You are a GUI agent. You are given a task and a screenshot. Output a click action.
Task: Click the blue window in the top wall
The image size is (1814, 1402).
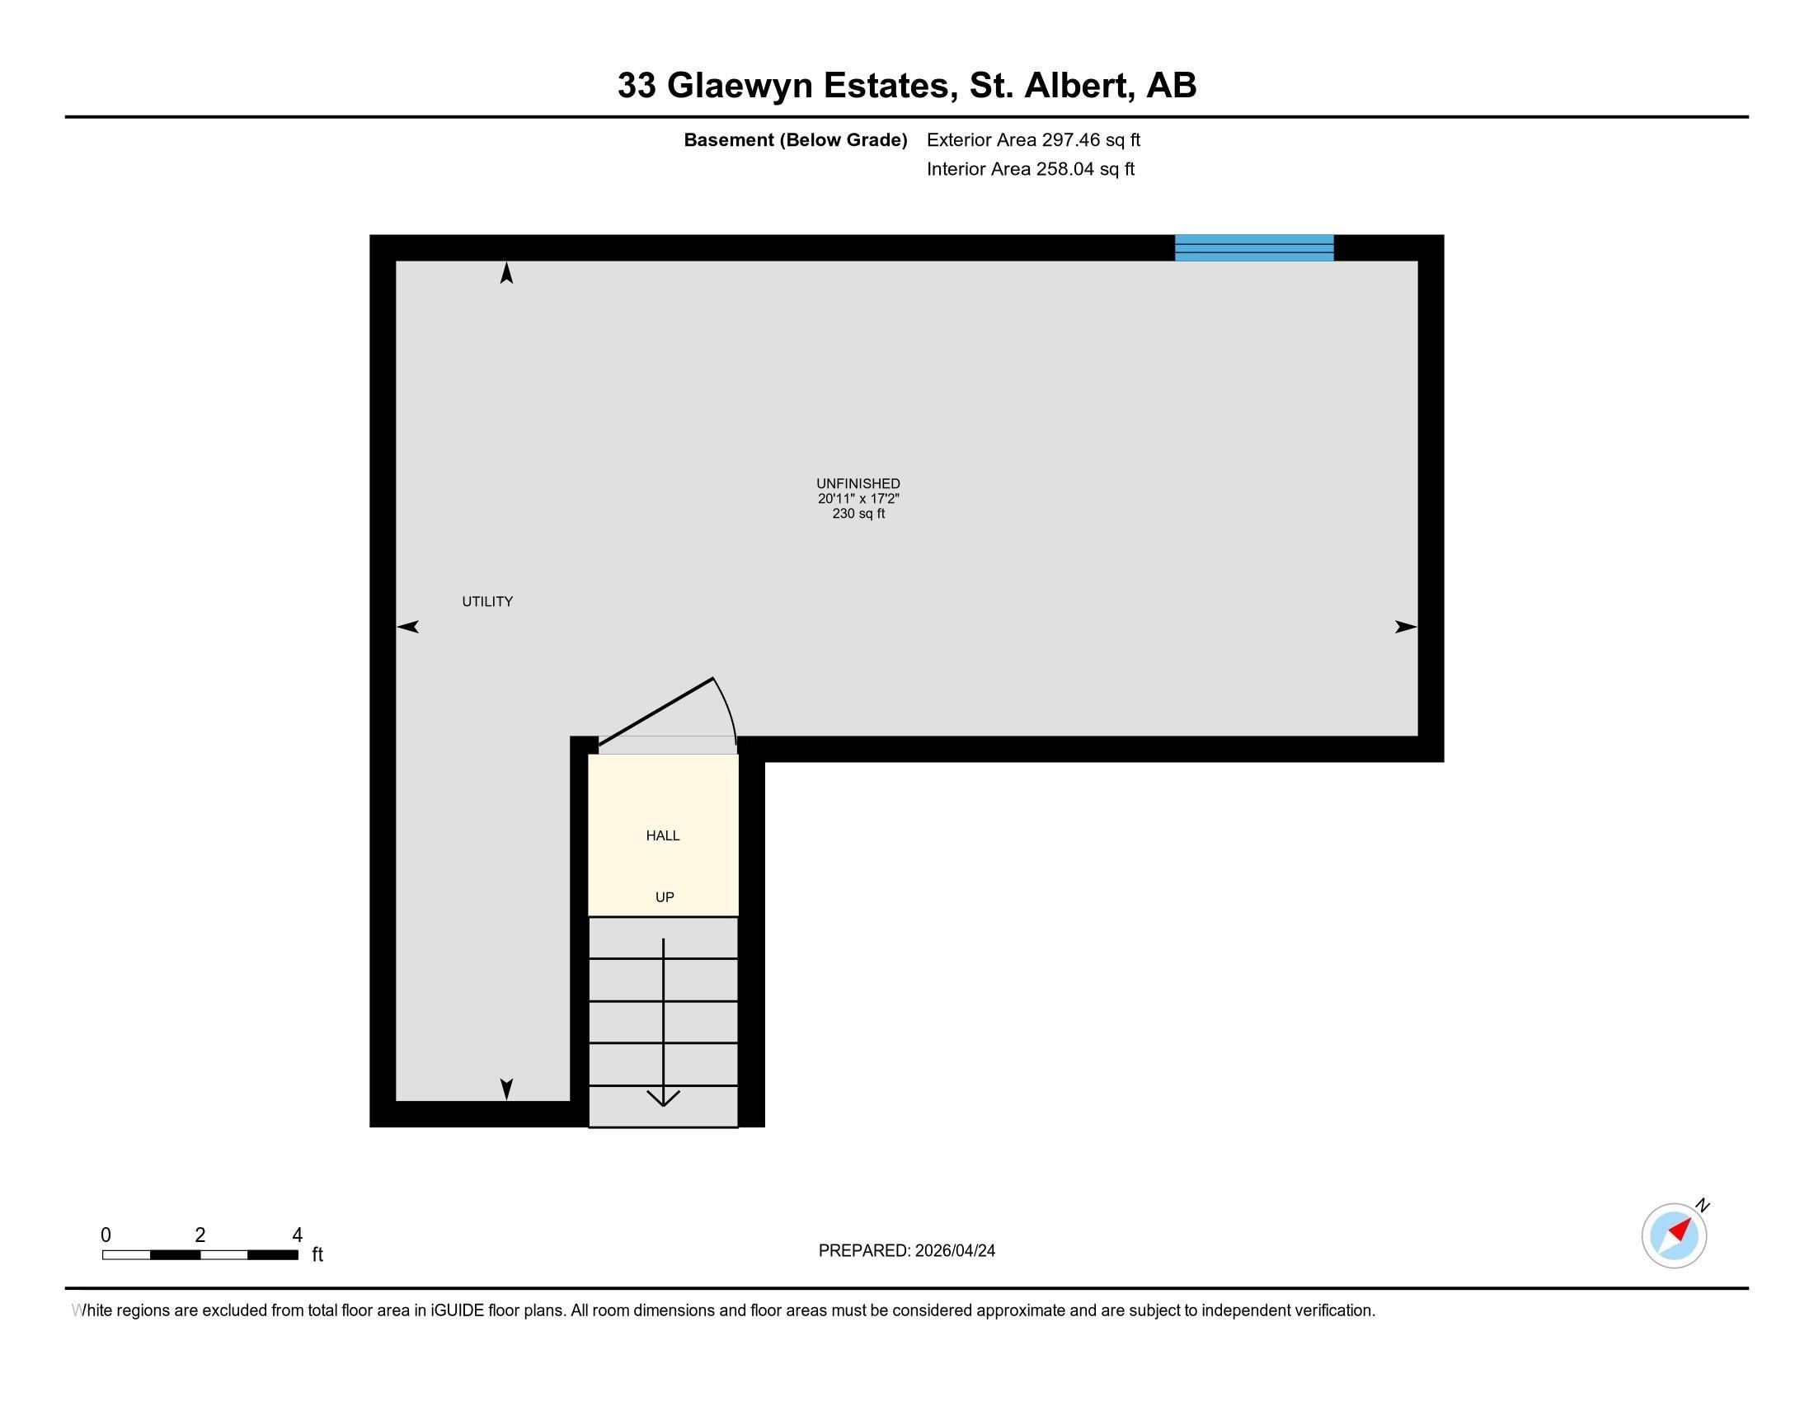pyautogui.click(x=1253, y=247)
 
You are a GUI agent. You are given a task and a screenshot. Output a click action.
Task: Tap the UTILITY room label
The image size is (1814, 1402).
pyautogui.click(x=487, y=601)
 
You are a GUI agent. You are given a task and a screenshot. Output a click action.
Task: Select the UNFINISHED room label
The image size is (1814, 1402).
pyautogui.click(x=858, y=483)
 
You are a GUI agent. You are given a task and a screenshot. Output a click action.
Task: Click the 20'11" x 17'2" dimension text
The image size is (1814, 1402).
pyautogui.click(x=858, y=498)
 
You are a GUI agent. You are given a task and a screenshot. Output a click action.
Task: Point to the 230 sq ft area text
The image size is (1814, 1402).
pyautogui.click(x=858, y=513)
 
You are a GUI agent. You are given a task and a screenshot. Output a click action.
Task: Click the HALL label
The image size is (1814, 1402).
pyautogui.click(x=663, y=835)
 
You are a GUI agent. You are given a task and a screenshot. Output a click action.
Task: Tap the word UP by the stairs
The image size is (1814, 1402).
pyautogui.click(x=665, y=897)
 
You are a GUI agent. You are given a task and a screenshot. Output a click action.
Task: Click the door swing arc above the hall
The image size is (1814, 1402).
pyautogui.click(x=727, y=706)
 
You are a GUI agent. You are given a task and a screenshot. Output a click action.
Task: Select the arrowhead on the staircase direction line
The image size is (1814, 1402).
pyautogui.click(x=663, y=1098)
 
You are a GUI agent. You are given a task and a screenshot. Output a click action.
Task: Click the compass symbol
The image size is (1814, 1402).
pyautogui.click(x=1674, y=1235)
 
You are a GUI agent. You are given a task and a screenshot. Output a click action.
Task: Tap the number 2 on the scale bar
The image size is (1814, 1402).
pyautogui.click(x=200, y=1235)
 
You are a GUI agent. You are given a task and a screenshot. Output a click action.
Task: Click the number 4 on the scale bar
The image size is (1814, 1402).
pyautogui.click(x=297, y=1235)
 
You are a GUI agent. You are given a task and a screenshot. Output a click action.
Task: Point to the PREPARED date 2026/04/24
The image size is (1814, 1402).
pyautogui.click(x=954, y=1251)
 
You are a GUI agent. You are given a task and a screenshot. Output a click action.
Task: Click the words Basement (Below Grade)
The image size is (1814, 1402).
pyautogui.click(x=795, y=139)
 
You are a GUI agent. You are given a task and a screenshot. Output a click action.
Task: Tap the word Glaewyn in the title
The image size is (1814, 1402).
pyautogui.click(x=740, y=85)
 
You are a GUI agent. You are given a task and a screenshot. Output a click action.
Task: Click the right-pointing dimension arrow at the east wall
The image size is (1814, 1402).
pyautogui.click(x=1404, y=627)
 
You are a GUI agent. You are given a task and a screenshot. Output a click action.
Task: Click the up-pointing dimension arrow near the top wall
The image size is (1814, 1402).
pyautogui.click(x=506, y=273)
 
